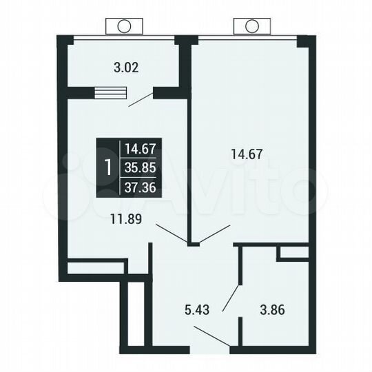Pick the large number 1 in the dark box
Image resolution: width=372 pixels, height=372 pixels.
[x=107, y=167]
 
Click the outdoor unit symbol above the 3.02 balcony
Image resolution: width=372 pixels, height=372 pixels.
[x=124, y=26]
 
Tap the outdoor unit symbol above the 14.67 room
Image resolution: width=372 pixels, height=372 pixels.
[x=251, y=26]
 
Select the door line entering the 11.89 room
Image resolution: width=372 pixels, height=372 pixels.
[x=171, y=234]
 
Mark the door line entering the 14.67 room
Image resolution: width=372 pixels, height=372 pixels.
[x=214, y=234]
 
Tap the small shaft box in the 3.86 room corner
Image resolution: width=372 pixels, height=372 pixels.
[x=292, y=253]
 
